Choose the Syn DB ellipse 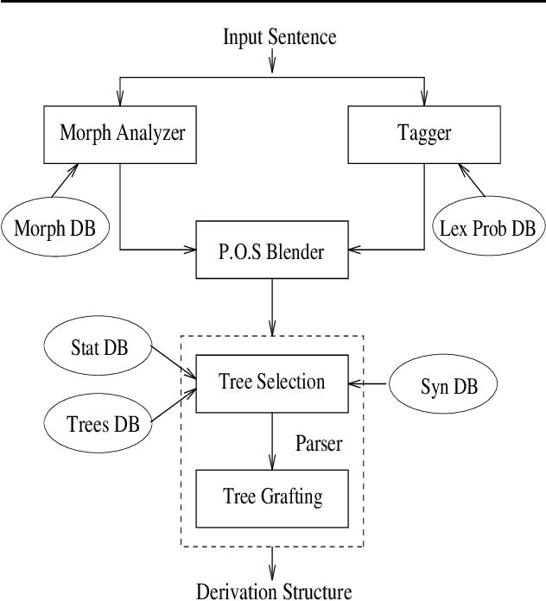pyautogui.click(x=445, y=383)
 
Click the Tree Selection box pyautogui.click(x=272, y=383)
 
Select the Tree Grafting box pyautogui.click(x=272, y=497)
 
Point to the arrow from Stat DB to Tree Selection pyautogui.click(x=173, y=361)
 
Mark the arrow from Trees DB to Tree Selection pyautogui.click(x=173, y=408)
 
